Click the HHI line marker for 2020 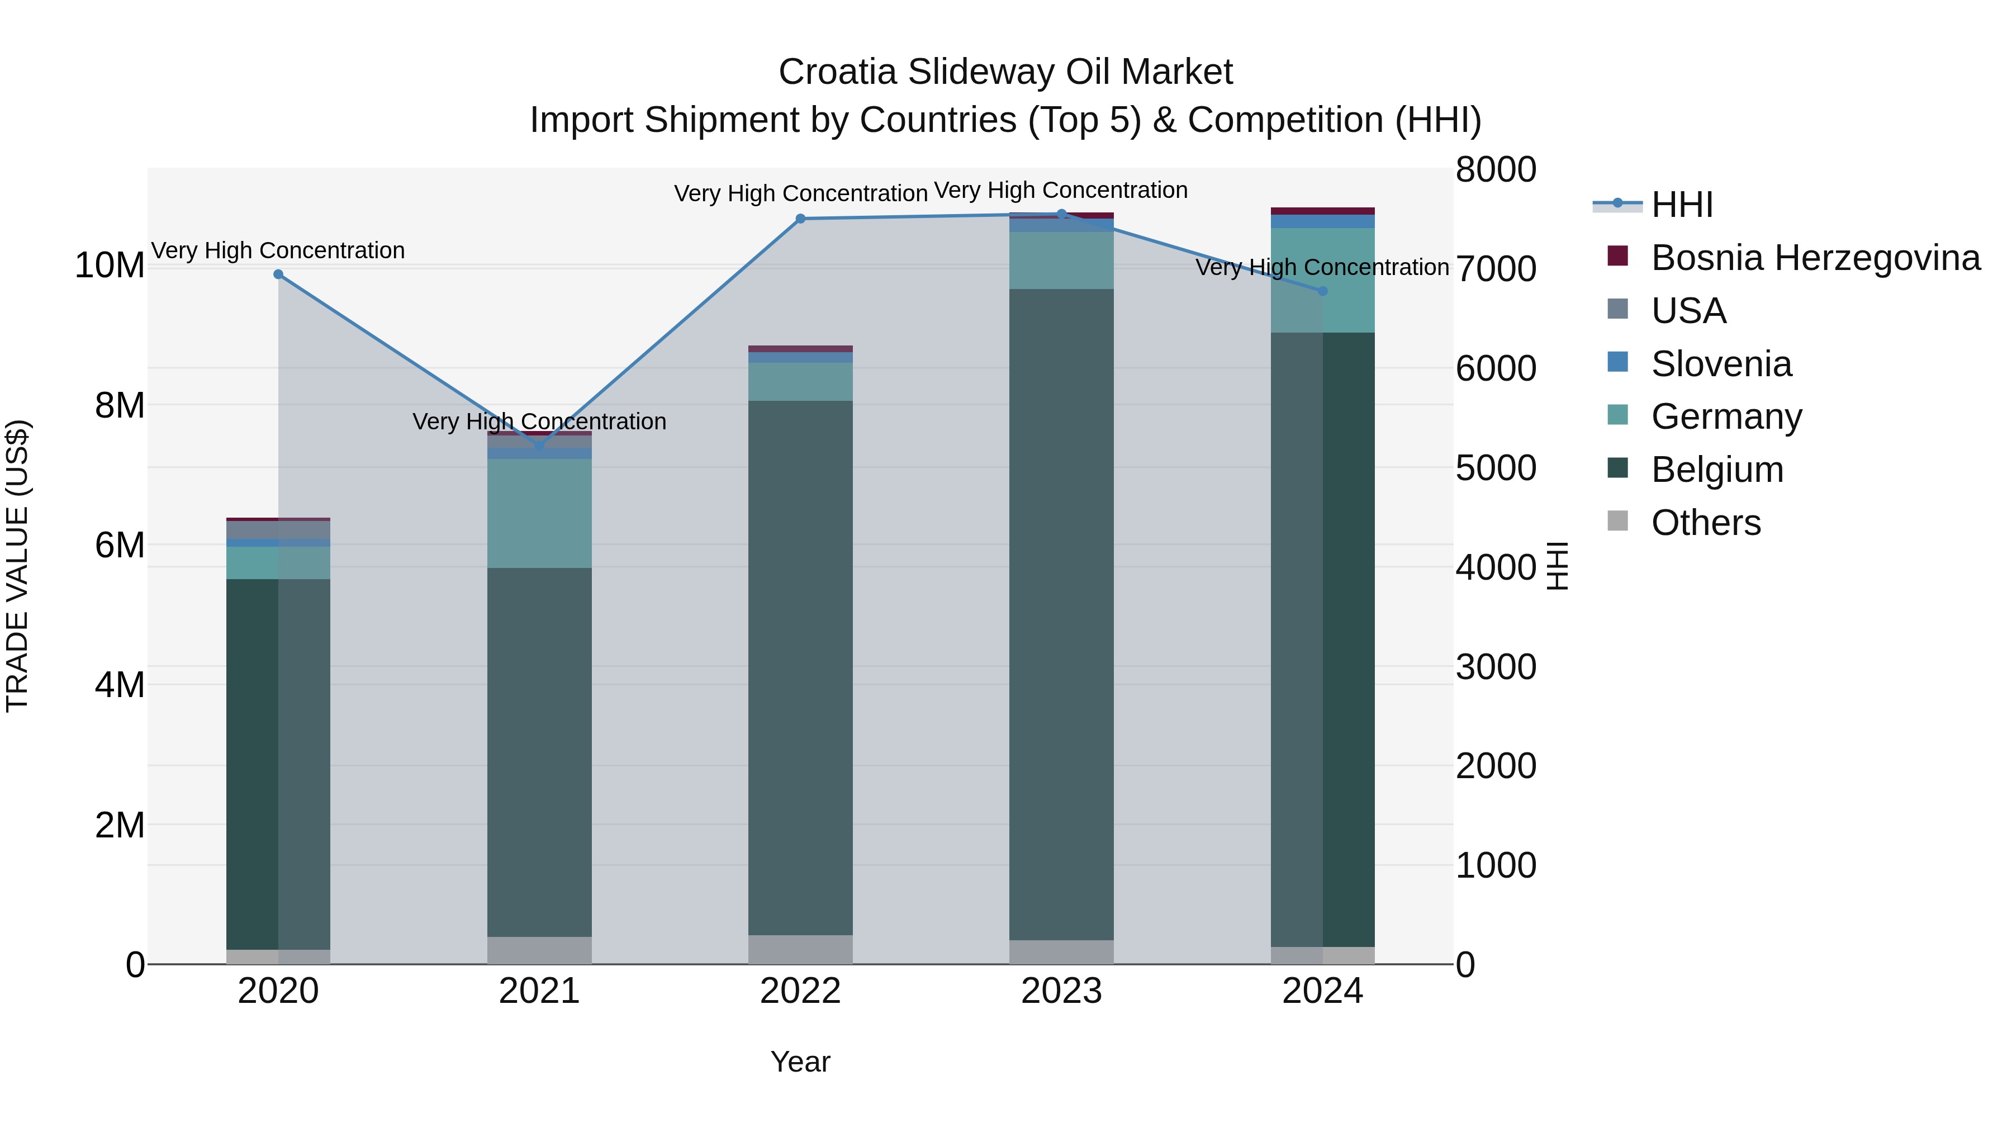278,274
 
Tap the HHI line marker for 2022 800,219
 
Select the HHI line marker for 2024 1322,291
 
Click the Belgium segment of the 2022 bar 800,668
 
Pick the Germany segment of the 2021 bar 539,513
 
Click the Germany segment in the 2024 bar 1322,281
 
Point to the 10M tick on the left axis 110,266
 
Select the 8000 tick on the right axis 1496,169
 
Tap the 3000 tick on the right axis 1496,667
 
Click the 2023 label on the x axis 1061,991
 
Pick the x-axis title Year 800,1062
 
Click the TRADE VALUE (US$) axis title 17,566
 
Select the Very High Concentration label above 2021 539,422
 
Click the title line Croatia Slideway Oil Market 1005,72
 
